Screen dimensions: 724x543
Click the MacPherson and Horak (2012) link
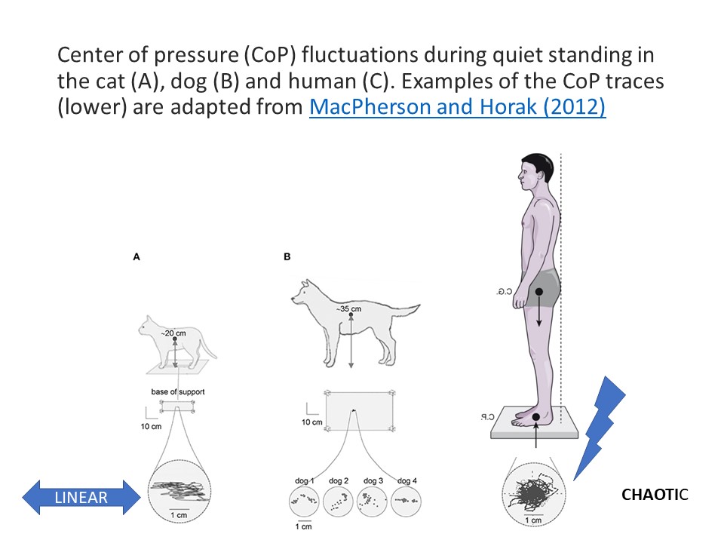click(457, 106)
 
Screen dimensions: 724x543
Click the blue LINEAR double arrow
click(81, 497)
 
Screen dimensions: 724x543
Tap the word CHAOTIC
click(655, 495)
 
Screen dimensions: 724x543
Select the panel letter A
click(137, 256)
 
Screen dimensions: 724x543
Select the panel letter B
click(287, 256)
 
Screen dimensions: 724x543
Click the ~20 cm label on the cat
click(173, 333)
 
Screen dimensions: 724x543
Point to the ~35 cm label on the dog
click(348, 309)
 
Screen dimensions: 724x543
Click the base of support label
click(178, 391)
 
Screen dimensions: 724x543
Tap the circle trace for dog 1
click(304, 502)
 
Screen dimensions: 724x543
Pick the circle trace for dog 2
click(338, 502)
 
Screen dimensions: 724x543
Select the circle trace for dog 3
click(372, 502)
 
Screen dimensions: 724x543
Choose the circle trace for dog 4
click(406, 502)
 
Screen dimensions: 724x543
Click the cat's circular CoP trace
click(179, 492)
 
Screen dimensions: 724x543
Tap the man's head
click(535, 172)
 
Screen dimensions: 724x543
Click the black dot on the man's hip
click(538, 292)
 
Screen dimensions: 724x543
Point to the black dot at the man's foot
click(535, 417)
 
